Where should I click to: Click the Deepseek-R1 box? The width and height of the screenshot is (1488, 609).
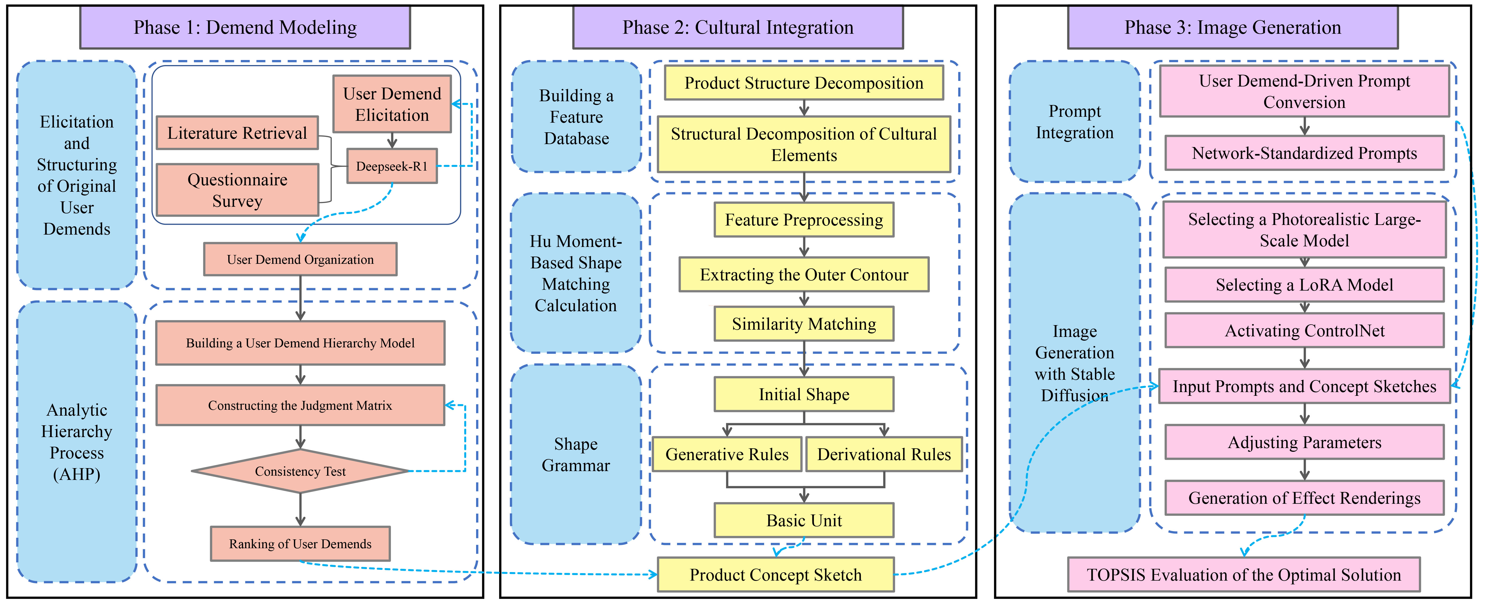point(392,166)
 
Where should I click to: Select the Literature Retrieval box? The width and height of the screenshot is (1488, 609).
point(237,133)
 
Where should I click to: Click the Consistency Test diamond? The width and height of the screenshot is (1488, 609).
point(300,471)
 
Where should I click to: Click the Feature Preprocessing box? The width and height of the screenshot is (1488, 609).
point(803,220)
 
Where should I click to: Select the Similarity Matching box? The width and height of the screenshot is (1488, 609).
point(803,324)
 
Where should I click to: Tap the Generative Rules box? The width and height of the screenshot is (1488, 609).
point(727,454)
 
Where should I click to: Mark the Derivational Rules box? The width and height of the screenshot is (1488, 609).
point(884,454)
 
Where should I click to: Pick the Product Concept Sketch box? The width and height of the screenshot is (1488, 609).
point(775,575)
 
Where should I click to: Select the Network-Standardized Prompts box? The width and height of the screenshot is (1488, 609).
point(1304,153)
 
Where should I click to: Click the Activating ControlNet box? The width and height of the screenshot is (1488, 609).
point(1304,331)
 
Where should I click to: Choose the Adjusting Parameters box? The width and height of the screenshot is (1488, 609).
point(1304,442)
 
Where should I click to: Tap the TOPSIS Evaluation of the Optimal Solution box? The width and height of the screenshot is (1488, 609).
point(1244,575)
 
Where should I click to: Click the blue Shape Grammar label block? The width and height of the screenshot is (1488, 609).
point(576,454)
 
